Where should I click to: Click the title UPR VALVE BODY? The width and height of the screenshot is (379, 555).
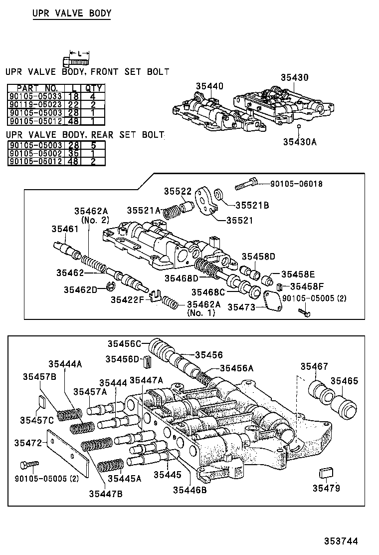coord(71,13)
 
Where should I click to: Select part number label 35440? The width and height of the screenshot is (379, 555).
coord(209,86)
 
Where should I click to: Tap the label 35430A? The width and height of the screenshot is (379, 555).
coord(300,142)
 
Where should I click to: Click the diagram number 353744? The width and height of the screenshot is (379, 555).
coord(341,541)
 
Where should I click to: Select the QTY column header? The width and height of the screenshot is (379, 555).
coord(93,88)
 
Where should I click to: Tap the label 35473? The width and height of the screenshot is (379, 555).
coord(242,307)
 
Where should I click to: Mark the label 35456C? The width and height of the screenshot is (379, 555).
coord(125,343)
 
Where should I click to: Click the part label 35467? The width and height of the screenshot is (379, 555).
coord(314,367)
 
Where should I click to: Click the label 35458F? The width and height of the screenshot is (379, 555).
coord(307,286)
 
